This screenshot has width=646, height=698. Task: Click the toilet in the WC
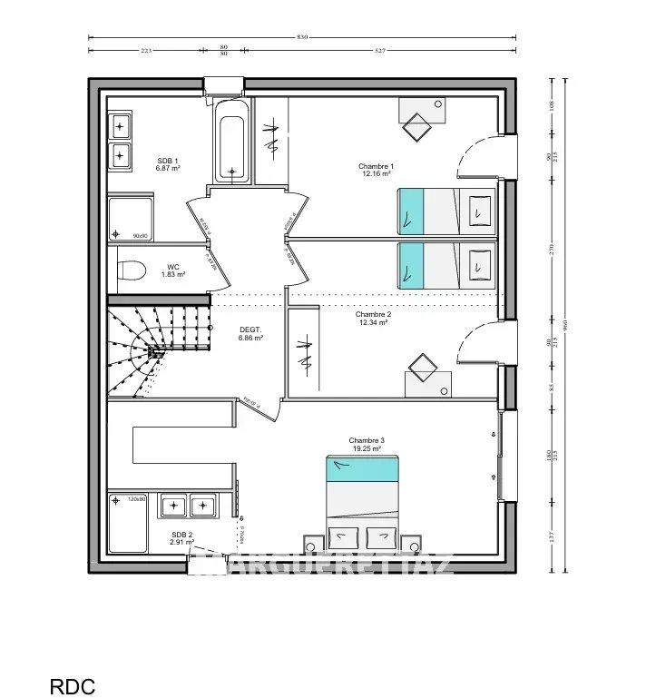click(x=132, y=270)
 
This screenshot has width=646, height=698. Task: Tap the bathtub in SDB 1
click(x=233, y=141)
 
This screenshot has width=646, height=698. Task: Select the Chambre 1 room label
click(x=376, y=166)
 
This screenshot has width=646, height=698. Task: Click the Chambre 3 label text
click(x=367, y=440)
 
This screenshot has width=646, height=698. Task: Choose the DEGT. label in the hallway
click(x=250, y=329)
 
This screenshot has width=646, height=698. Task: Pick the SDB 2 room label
click(x=181, y=536)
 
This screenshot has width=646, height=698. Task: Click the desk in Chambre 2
click(x=426, y=377)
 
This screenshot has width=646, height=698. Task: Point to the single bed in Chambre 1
click(x=446, y=211)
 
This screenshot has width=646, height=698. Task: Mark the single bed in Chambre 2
click(x=446, y=265)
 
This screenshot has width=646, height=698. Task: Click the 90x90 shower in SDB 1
click(x=131, y=221)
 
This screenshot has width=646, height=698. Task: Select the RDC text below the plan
click(x=72, y=686)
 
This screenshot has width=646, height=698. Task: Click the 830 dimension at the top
click(x=302, y=36)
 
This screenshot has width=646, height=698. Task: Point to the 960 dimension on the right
click(x=566, y=325)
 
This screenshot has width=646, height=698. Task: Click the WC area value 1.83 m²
click(x=172, y=274)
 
